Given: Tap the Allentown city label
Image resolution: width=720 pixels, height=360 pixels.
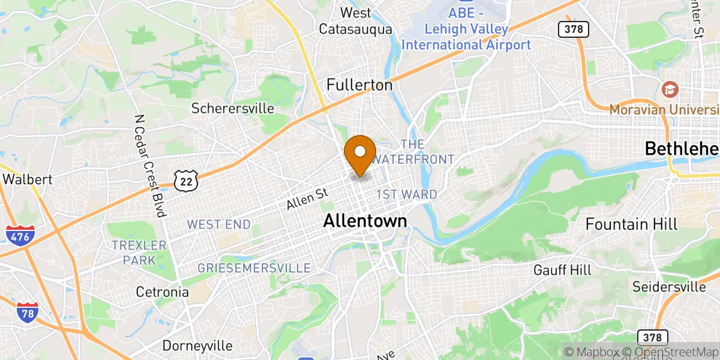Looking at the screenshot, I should [365, 221].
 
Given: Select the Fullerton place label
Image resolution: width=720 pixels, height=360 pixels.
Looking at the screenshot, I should [359, 85].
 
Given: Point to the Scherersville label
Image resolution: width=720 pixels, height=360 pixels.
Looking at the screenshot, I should [233, 109].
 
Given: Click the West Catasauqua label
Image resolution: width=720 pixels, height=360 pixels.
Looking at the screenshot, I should [356, 20].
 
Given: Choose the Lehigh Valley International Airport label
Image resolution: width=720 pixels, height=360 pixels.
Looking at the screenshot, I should [466, 37].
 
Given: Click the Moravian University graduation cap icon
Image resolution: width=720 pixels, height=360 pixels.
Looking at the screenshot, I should [667, 90].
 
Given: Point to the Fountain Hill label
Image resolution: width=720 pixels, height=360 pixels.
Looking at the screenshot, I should [631, 224].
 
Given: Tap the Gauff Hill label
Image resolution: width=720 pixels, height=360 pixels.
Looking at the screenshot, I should [562, 270].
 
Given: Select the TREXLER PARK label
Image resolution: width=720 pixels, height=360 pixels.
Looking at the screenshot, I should [139, 253].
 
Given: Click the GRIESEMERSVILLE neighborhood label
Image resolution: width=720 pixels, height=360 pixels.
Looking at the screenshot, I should [254, 268].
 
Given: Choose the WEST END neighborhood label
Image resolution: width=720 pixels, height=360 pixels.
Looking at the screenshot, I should [218, 224].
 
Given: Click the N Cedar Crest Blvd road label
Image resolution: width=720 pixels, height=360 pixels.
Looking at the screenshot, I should [150, 166].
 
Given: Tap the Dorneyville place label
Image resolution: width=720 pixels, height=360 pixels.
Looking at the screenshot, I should [197, 346].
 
